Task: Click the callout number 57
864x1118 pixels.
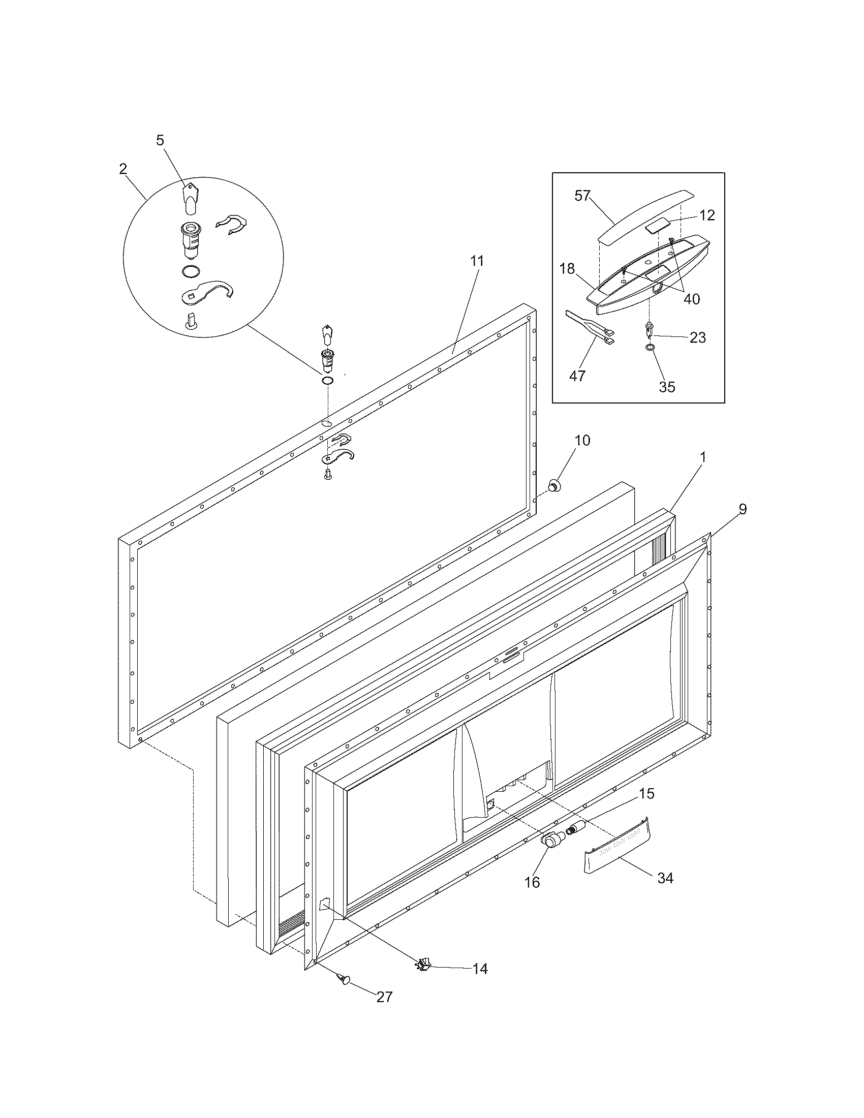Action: point(582,196)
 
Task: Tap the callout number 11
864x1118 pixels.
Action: point(477,261)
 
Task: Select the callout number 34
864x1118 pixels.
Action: point(665,878)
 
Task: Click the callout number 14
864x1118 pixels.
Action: point(480,969)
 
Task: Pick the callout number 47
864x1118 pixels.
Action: point(577,376)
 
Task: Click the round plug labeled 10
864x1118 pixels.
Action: point(553,485)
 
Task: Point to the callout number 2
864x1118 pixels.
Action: point(123,169)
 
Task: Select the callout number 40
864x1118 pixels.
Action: point(692,298)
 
